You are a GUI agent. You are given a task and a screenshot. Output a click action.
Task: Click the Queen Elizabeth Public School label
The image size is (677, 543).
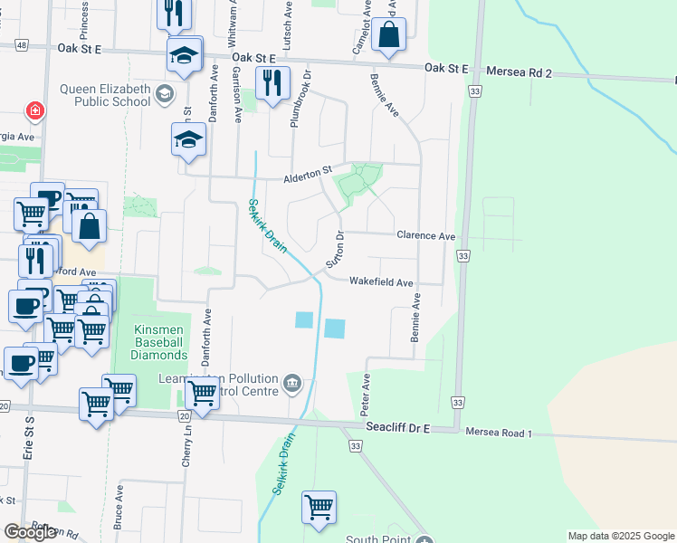pyautogui.click(x=105, y=94)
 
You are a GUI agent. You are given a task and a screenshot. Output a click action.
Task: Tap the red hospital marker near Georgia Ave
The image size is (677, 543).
pyautogui.click(x=34, y=110)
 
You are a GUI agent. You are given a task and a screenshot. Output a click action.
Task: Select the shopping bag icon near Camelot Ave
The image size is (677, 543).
pyautogui.click(x=388, y=35)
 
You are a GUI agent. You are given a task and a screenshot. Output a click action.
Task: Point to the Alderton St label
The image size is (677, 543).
pyautogui.click(x=309, y=169)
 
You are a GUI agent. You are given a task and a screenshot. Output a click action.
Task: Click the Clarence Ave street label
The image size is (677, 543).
pyautogui.click(x=425, y=235)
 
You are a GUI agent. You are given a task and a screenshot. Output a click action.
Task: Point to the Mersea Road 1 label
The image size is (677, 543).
pyautogui.click(x=498, y=433)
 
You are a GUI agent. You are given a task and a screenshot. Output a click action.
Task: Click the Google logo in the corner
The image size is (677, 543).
pyautogui.click(x=30, y=532)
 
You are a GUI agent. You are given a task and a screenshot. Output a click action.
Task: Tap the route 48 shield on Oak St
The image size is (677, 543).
pyautogui.click(x=20, y=44)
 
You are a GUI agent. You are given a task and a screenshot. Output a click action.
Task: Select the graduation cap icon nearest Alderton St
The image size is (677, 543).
pyautogui.click(x=189, y=139)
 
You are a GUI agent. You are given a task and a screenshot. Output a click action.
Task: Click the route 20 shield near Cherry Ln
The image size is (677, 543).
pyautogui.click(x=185, y=415)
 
